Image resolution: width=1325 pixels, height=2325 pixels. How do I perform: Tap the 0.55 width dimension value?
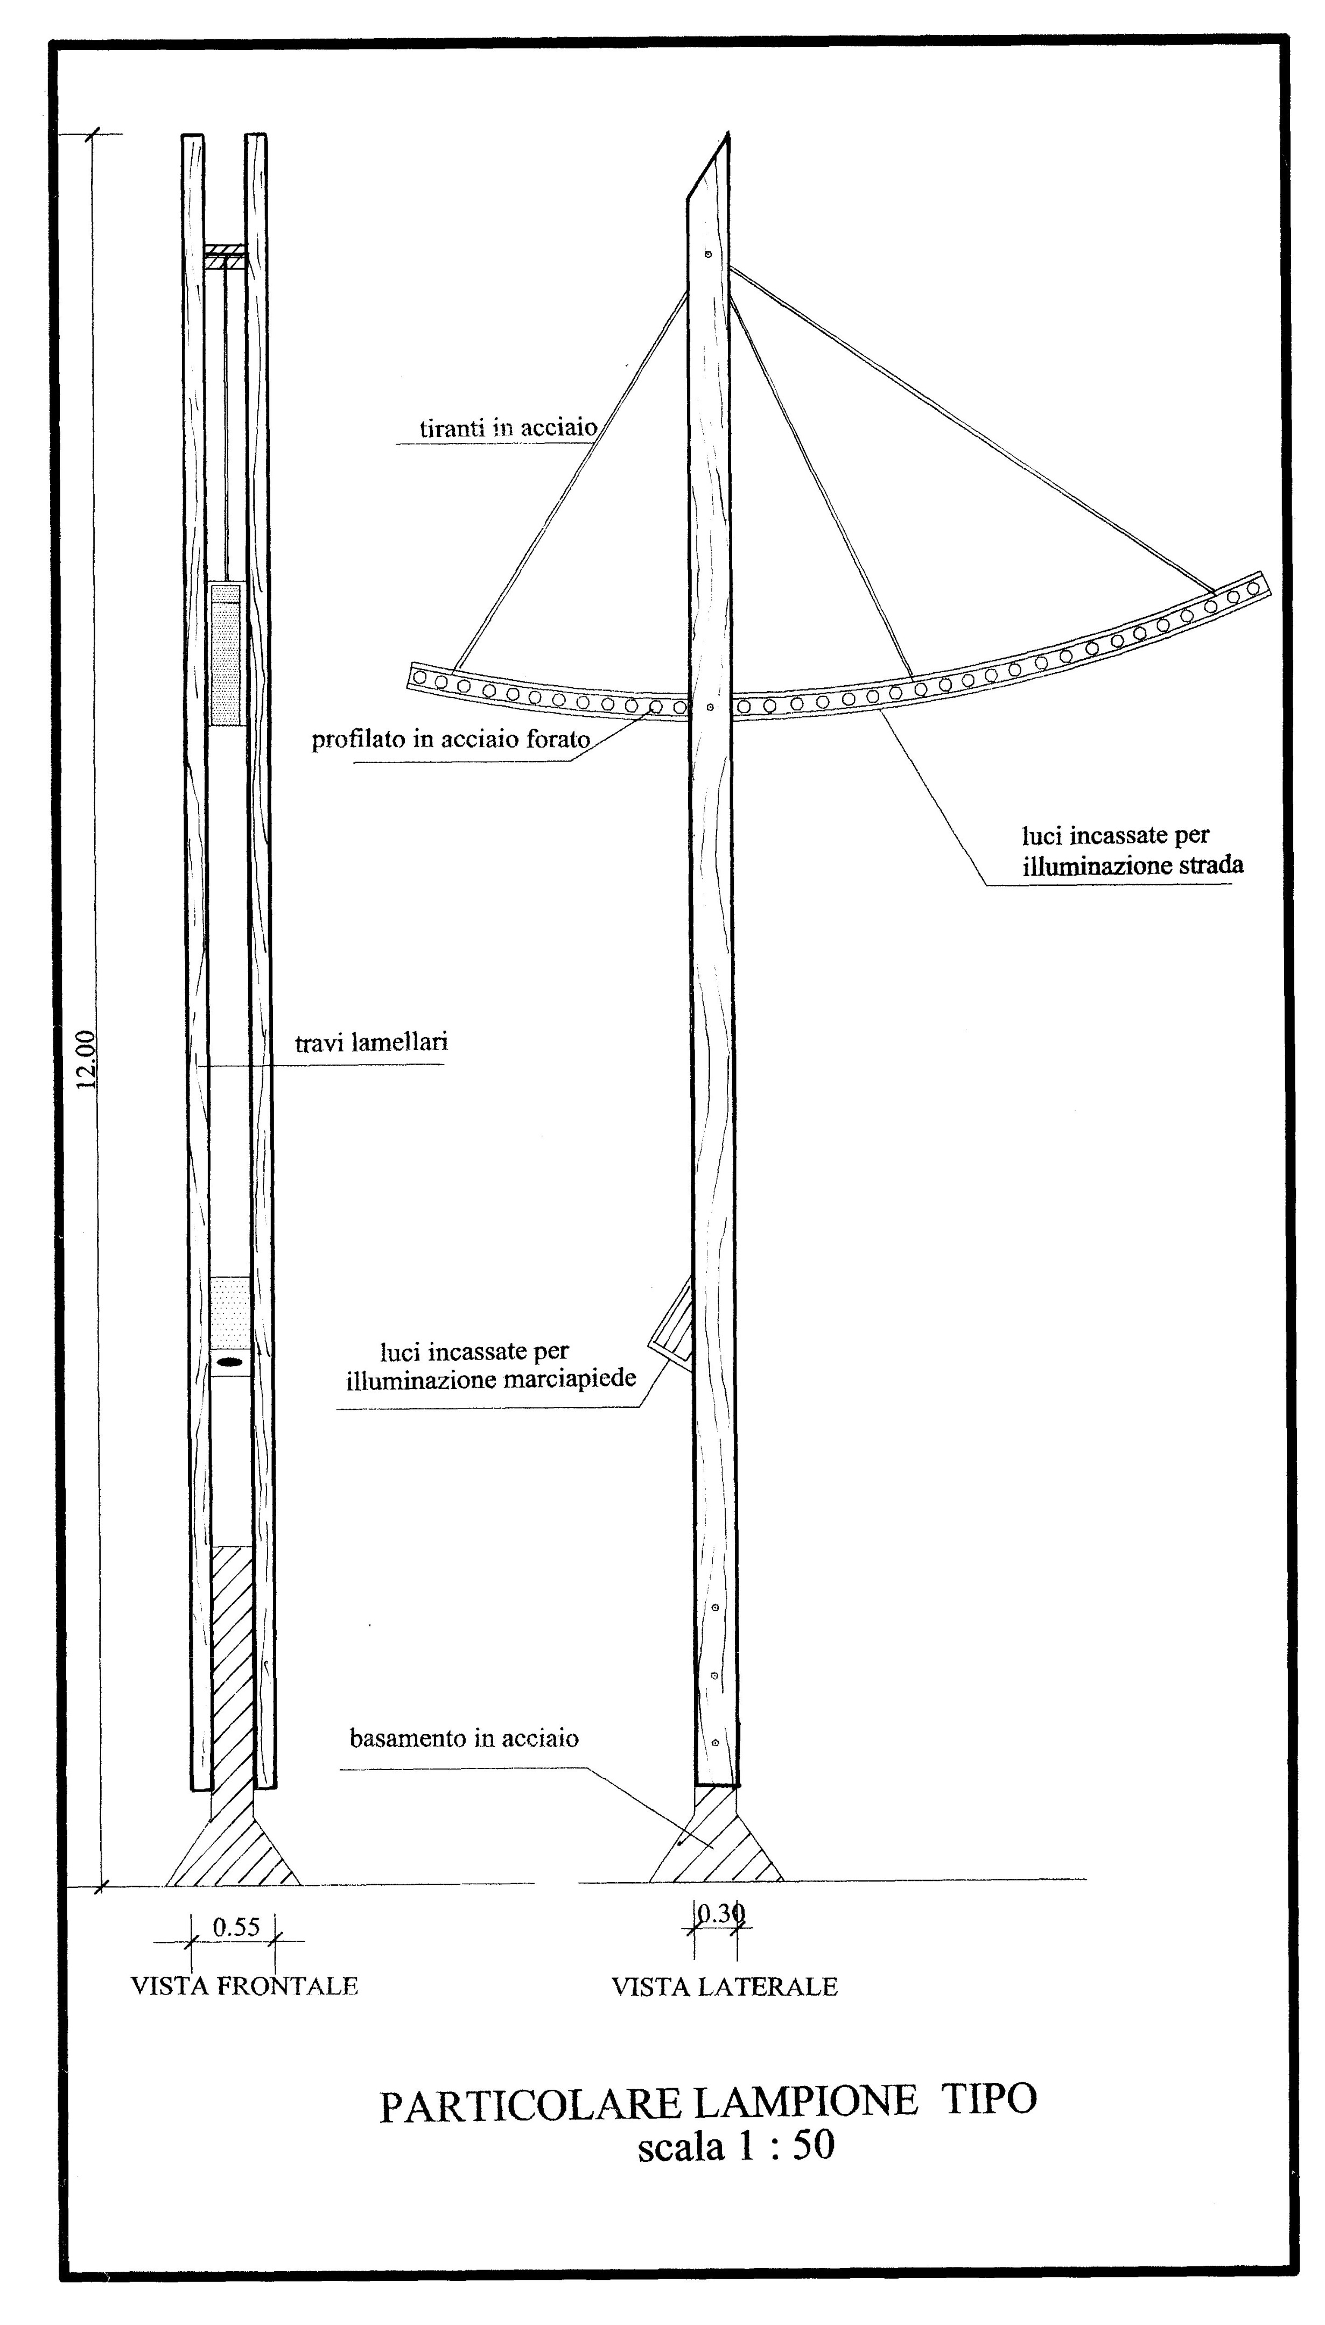tap(236, 1927)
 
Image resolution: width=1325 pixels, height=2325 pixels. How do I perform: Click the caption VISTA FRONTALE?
tap(244, 1986)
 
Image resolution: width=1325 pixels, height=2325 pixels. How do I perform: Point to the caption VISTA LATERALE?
tap(724, 1986)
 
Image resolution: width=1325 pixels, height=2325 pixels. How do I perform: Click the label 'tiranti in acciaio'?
tap(508, 427)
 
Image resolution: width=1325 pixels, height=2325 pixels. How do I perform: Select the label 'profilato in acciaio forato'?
tap(451, 739)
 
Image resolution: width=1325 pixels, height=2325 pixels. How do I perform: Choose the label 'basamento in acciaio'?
tap(464, 1738)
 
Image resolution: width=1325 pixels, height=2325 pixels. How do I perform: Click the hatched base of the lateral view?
tap(716, 1845)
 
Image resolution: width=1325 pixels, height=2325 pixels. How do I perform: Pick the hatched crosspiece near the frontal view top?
tap(225, 256)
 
